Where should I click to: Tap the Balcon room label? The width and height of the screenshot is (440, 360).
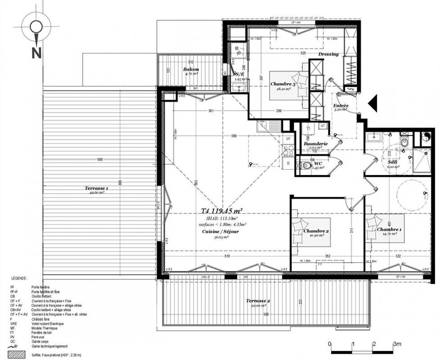191,69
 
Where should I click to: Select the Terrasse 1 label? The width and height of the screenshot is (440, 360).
96,188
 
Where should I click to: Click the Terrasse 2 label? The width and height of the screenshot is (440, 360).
258,301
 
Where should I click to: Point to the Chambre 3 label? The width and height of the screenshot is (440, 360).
283,84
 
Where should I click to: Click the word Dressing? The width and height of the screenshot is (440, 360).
328,54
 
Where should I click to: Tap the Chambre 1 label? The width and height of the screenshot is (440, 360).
390,229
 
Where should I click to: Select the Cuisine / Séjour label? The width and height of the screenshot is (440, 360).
220,231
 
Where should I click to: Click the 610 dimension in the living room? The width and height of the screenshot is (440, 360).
227,256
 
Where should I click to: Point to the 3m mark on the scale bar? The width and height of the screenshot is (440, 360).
396,344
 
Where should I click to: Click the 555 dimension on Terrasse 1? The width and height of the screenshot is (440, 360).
99,160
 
